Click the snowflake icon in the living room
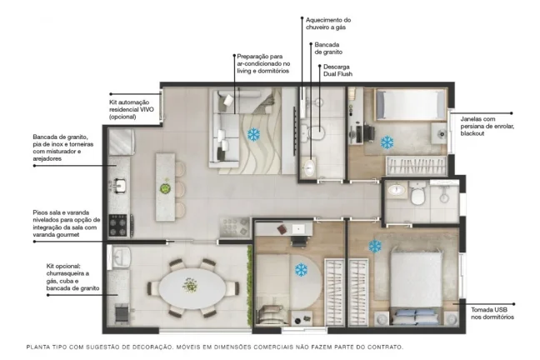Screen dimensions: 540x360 pyautogui.click(x=254, y=135)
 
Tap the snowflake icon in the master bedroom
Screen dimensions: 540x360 pyautogui.click(x=375, y=246)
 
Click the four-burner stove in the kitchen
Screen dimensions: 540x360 pyautogui.click(x=117, y=225)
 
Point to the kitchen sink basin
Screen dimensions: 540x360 pyautogui.click(x=119, y=186)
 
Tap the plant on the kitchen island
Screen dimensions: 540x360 pyautogui.click(x=166, y=188)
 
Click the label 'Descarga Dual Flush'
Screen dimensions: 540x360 pyautogui.click(x=337, y=70)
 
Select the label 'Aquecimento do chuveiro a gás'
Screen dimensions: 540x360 pyautogui.click(x=328, y=23)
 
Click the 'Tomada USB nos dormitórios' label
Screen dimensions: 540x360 pyautogui.click(x=492, y=313)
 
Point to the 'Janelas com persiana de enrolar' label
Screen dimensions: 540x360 pyautogui.click(x=487, y=122)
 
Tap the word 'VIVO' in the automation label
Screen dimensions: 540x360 pyautogui.click(x=147, y=109)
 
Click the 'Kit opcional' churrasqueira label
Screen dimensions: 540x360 pyautogui.click(x=72, y=277)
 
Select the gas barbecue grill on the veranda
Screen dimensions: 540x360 pyautogui.click(x=122, y=314)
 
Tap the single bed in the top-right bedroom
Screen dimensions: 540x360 pyautogui.click(x=410, y=105)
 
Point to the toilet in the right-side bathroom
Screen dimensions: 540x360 pyautogui.click(x=417, y=193)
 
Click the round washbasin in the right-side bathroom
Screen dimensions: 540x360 pyautogui.click(x=397, y=189)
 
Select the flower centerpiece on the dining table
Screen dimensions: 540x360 pyautogui.click(x=190, y=285)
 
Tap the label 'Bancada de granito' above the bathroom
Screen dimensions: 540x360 pyautogui.click(x=328, y=48)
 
